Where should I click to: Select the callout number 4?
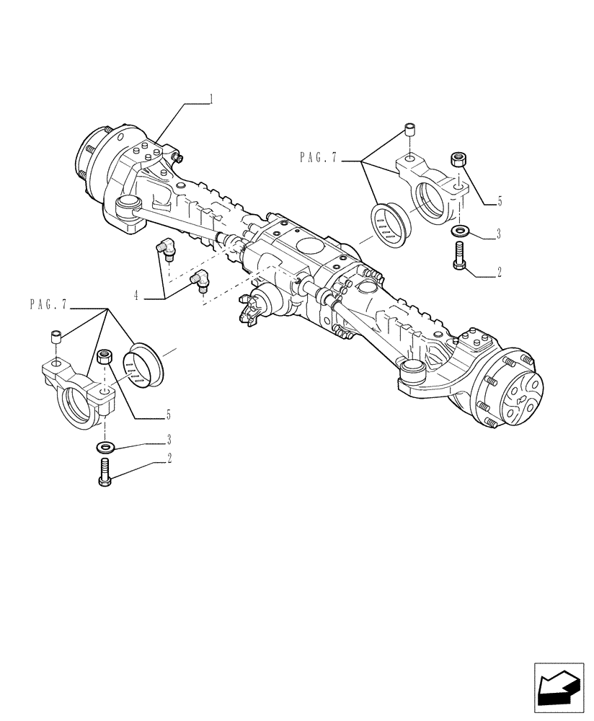click(x=136, y=293)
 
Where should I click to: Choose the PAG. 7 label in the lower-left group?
click(x=48, y=305)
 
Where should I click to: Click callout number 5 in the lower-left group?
click(x=168, y=415)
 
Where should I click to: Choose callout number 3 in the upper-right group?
click(x=499, y=235)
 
